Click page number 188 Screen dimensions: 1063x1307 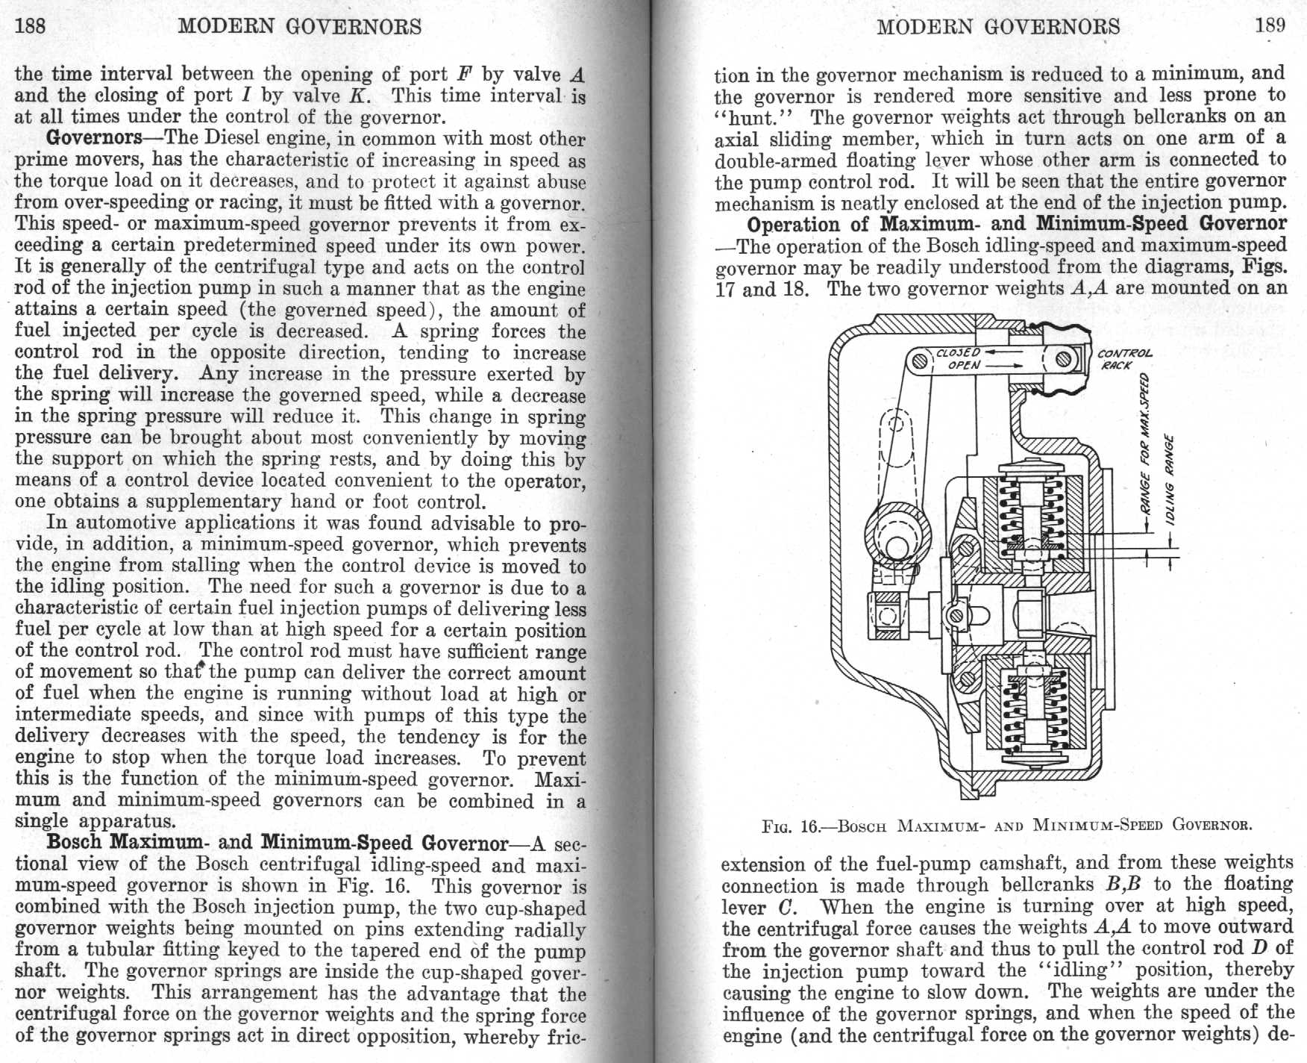(x=31, y=27)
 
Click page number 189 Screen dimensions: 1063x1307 (x=1270, y=25)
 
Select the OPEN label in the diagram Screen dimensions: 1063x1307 (x=964, y=366)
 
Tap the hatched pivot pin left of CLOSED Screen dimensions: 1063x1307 (x=920, y=361)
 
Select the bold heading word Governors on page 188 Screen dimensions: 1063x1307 (x=94, y=138)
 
